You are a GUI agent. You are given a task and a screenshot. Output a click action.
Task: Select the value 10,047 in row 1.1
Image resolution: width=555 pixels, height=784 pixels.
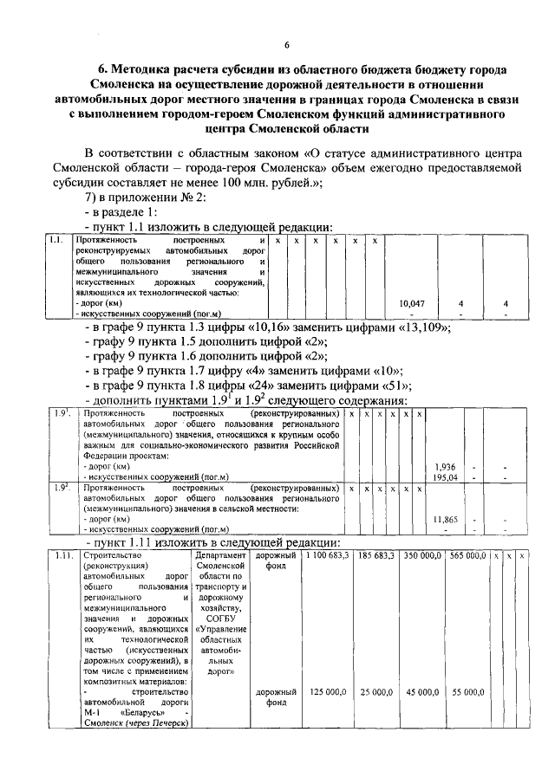click(x=411, y=303)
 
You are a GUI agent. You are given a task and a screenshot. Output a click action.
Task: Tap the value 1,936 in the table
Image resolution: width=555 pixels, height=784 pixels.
click(x=445, y=466)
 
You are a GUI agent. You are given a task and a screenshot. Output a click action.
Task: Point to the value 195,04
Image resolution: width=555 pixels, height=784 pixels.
click(x=445, y=476)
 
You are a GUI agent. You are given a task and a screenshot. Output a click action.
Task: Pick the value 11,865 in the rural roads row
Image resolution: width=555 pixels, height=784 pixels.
click(x=445, y=518)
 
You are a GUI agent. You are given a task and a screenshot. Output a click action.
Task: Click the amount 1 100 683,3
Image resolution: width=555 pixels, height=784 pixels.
click(x=325, y=554)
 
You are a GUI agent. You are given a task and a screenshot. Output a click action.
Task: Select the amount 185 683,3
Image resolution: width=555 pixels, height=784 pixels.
click(x=375, y=554)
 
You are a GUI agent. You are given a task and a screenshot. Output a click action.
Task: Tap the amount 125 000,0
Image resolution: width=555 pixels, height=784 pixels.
click(x=329, y=692)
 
